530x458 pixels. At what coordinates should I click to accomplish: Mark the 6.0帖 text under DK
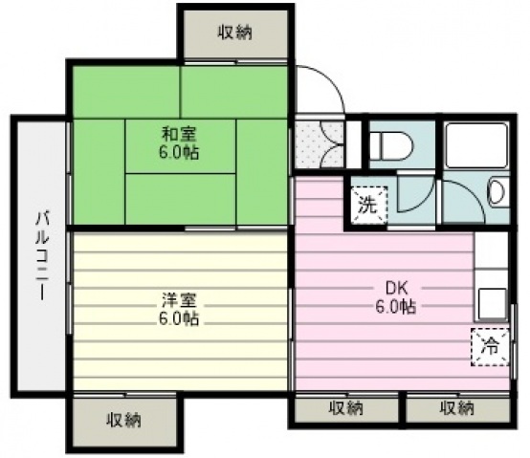coord(395,307)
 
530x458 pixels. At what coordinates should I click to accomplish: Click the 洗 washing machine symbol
coord(367,203)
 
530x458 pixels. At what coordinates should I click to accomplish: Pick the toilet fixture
coord(388,146)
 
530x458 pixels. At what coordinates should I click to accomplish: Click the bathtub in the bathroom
coord(478,143)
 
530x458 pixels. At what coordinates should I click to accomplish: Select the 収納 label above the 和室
coord(233,33)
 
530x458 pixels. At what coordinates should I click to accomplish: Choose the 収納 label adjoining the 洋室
coord(124,419)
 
